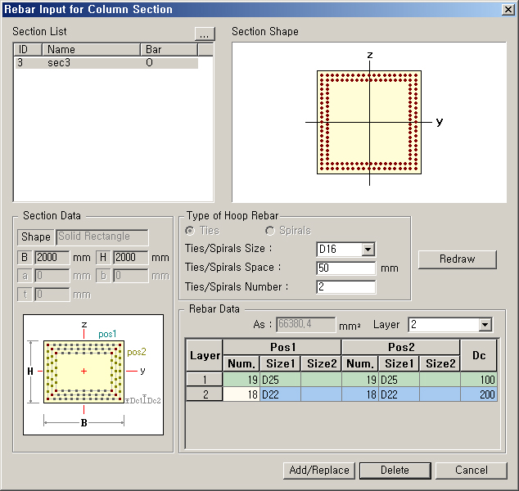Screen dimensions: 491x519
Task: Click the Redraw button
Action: point(457,259)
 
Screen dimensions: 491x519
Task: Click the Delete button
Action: point(395,470)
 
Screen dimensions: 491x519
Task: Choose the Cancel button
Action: point(471,470)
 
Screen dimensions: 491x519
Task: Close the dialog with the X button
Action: point(508,9)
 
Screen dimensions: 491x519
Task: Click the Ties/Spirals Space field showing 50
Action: point(345,268)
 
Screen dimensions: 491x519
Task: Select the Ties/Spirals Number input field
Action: point(345,287)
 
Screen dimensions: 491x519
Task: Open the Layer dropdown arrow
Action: point(485,325)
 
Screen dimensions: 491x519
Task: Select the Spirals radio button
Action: point(270,231)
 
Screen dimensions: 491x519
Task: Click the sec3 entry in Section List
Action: point(59,62)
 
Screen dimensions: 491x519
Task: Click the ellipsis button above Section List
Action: point(204,34)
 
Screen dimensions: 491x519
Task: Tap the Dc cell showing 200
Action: point(479,394)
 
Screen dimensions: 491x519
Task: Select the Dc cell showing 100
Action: point(479,380)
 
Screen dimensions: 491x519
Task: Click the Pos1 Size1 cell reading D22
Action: point(280,394)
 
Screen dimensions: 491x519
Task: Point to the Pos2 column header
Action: point(400,348)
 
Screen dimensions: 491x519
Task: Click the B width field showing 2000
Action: point(52,258)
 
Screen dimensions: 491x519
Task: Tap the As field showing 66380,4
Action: point(306,325)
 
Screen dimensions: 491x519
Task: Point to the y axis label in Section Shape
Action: point(440,121)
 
